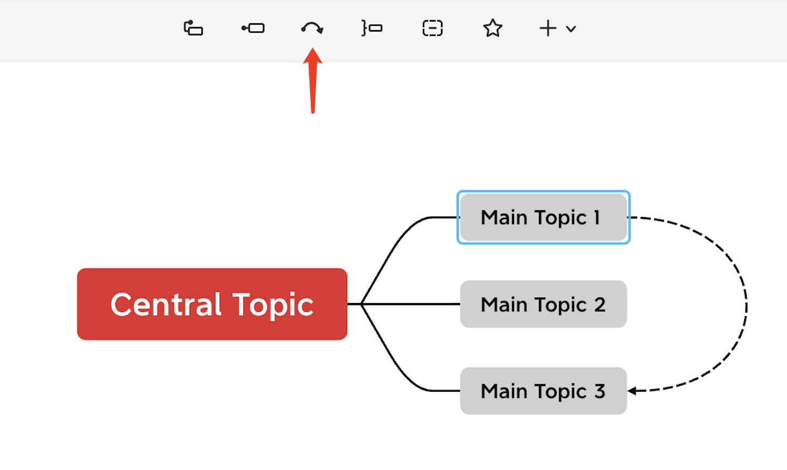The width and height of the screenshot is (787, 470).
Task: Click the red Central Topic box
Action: tap(212, 304)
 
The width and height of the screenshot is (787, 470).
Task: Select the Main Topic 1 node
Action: tap(544, 217)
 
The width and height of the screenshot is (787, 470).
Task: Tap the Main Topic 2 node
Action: tap(544, 304)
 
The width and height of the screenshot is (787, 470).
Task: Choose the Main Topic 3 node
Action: tap(544, 391)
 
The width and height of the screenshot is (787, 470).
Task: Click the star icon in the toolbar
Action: tap(493, 28)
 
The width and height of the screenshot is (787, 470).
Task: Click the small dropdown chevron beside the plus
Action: tap(571, 29)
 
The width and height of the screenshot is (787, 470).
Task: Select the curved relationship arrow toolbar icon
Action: tap(312, 28)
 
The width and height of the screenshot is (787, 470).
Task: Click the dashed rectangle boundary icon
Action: tap(432, 28)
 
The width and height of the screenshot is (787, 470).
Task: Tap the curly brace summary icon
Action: tap(372, 28)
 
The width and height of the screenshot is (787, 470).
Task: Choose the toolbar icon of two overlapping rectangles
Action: tap(193, 28)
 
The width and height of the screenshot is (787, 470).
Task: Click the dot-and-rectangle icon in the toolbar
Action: tap(253, 28)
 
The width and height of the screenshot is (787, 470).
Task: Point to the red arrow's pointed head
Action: tap(312, 48)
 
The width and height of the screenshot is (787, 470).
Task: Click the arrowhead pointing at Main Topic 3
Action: tap(632, 390)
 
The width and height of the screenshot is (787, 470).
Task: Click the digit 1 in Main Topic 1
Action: tap(597, 217)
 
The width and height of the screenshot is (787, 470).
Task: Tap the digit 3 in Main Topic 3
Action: tap(600, 391)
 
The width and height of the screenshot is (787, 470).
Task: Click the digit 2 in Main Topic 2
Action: tap(600, 304)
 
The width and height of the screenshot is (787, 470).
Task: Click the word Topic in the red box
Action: tap(273, 306)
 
